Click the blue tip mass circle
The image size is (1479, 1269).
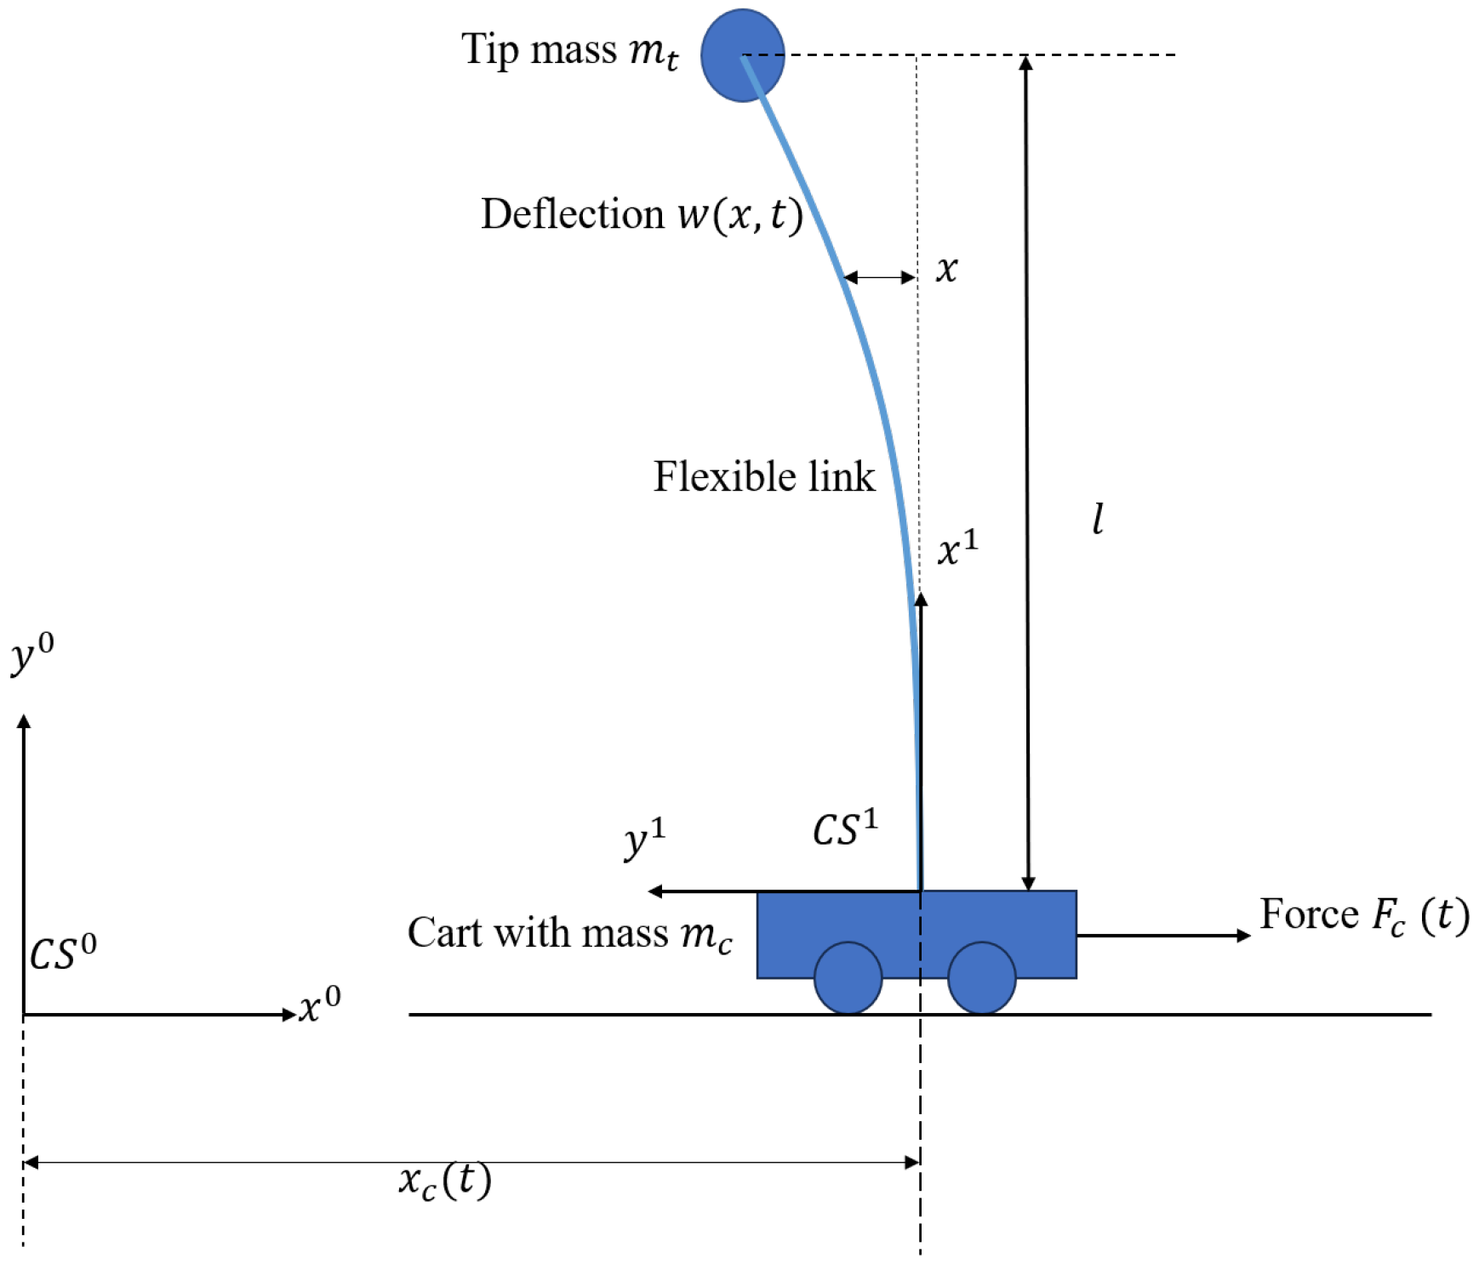point(742,55)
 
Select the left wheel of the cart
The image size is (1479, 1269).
point(848,978)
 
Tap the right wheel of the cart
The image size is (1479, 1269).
point(981,978)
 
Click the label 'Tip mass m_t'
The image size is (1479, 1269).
point(569,51)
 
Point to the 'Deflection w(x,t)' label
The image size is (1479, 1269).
point(642,214)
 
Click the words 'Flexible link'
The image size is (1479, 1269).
point(763,476)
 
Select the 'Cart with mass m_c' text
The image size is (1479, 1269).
point(569,934)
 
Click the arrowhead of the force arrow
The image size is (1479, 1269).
point(1244,936)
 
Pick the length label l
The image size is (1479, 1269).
point(1098,519)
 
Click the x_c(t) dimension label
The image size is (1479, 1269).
point(445,1181)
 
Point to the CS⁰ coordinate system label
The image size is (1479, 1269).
point(63,953)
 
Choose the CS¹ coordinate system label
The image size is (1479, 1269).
point(844,829)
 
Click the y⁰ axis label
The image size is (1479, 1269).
point(32,657)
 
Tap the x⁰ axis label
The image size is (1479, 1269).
point(320,1005)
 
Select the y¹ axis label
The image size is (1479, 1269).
point(644,839)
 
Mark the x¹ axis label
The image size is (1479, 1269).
point(957,549)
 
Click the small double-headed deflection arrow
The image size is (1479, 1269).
point(879,277)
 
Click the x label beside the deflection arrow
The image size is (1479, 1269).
point(946,270)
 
